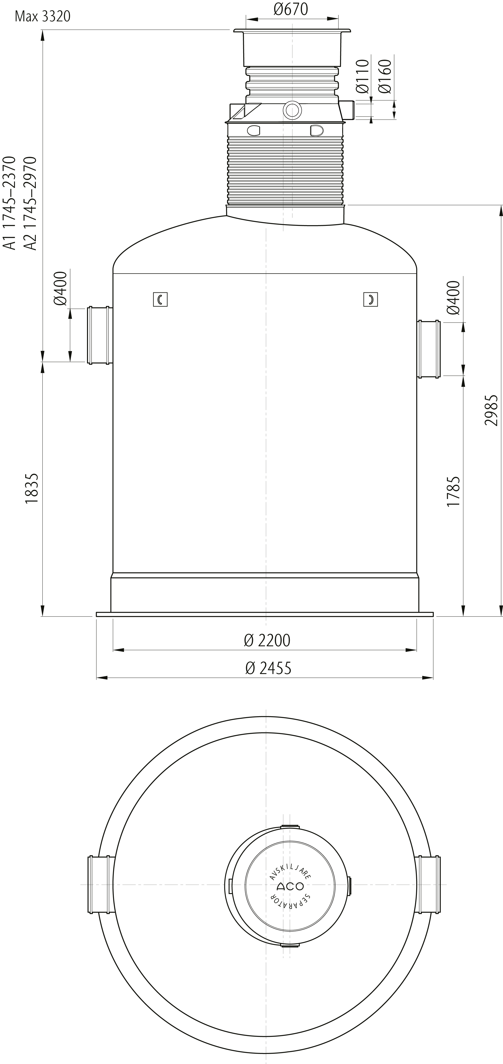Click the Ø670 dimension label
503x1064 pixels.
pos(291,9)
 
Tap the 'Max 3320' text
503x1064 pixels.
pos(43,17)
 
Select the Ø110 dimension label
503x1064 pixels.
pos(362,76)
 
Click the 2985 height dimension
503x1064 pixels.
pos(492,410)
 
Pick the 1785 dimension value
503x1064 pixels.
pos(453,491)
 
